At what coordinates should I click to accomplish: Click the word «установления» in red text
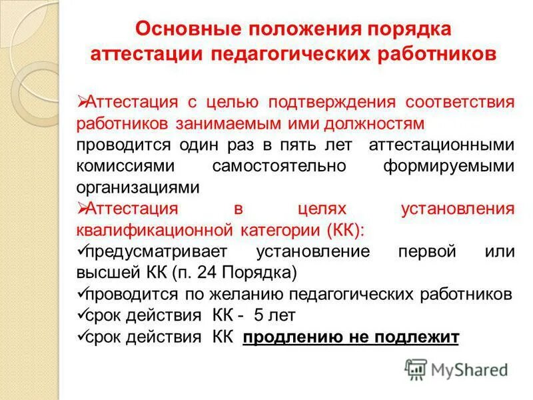(x=458, y=209)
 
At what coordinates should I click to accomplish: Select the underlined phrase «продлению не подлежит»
(x=351, y=337)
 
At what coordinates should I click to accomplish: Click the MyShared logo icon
(x=416, y=368)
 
